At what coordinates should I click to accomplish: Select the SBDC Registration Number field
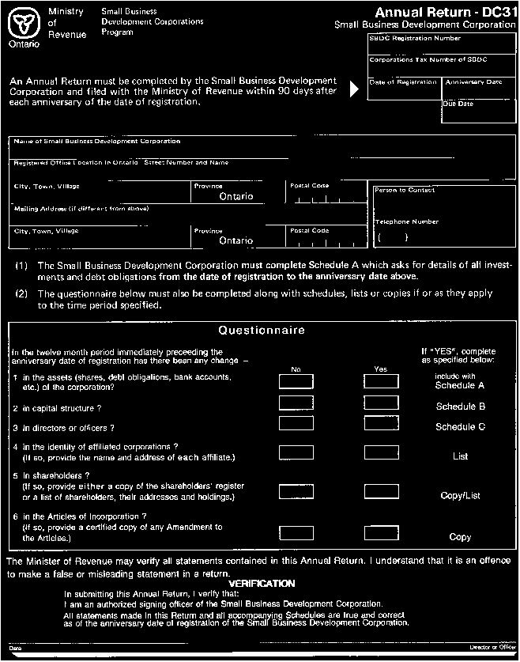pos(442,44)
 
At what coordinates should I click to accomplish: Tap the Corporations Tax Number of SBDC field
pos(442,66)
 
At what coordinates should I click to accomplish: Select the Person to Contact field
pos(443,199)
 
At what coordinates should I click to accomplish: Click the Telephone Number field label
pos(406,222)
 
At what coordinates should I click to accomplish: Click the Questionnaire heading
pos(261,331)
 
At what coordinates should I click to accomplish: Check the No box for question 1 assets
pos(296,382)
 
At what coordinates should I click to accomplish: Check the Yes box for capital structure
pos(381,403)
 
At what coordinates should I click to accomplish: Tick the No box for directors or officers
pos(296,424)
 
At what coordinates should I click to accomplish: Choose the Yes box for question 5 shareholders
pos(381,492)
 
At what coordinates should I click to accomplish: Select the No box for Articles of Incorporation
pos(296,532)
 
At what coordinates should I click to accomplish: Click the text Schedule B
pos(461,407)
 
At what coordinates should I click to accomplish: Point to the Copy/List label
pos(461,496)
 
